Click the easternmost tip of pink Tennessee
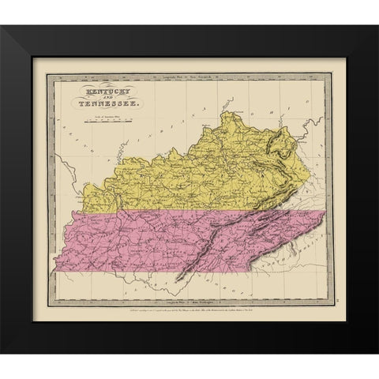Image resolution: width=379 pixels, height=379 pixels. coord(326,215)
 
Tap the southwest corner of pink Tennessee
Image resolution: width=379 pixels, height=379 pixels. coord(54,271)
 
